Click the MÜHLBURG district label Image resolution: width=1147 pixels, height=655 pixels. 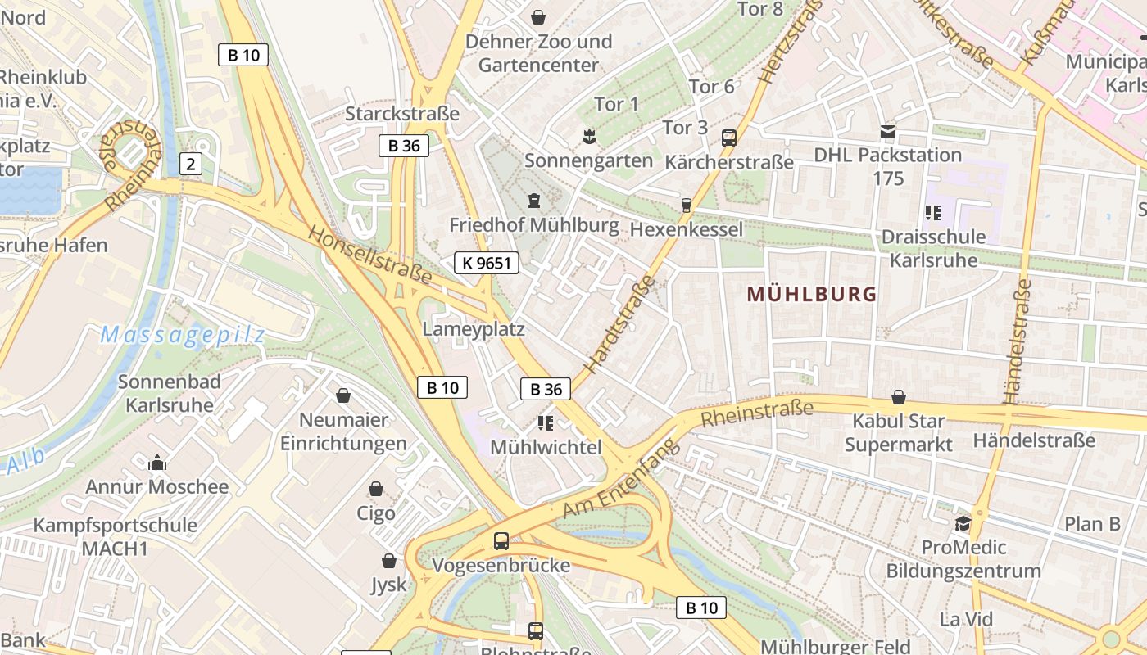812,295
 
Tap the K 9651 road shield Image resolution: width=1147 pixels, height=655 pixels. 487,263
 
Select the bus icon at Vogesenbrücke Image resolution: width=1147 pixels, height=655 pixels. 501,541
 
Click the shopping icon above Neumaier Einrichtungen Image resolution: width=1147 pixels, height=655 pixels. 343,396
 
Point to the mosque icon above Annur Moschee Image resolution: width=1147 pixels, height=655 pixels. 157,463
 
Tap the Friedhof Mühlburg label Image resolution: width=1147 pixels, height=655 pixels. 534,225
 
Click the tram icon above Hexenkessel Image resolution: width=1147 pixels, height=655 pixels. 687,205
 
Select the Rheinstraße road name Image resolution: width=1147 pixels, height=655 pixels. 757,413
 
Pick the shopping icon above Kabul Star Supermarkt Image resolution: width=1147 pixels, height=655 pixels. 899,398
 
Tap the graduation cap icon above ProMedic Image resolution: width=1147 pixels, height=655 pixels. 963,523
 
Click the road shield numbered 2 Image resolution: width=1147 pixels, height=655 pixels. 191,164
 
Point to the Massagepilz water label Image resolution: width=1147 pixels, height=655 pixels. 183,335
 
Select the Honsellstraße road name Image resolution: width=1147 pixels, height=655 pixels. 369,255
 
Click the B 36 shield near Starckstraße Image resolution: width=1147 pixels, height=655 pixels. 404,146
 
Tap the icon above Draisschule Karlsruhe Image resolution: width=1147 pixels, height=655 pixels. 932,214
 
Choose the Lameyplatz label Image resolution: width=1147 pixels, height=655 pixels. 474,329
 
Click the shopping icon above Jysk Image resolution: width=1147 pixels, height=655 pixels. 389,562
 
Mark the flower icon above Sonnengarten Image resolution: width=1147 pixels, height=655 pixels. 587,135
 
